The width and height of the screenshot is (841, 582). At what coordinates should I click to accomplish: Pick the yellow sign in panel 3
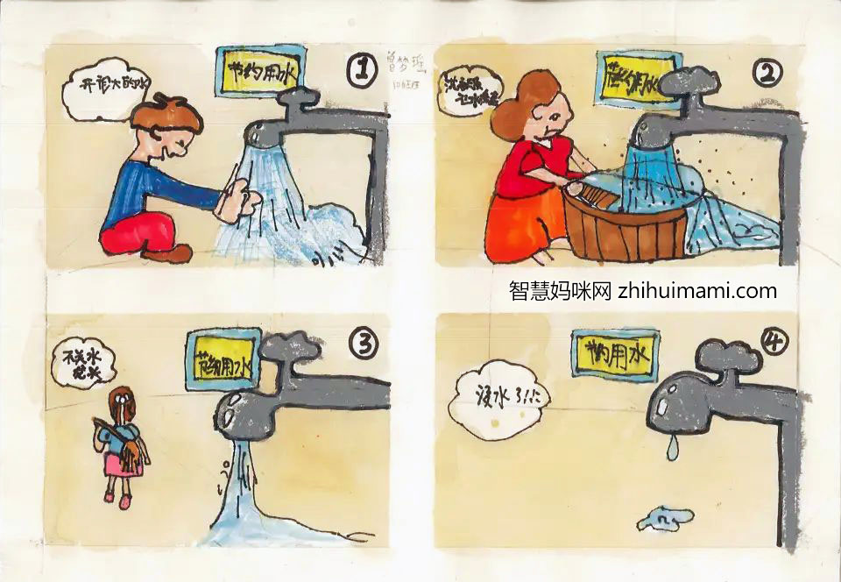223,359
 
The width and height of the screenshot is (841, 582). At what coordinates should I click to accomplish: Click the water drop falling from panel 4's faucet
671,450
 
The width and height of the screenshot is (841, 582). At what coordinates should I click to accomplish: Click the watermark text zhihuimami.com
697,291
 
